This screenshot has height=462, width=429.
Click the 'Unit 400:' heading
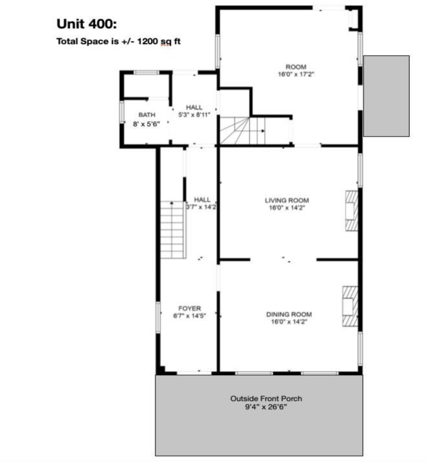coord(87,24)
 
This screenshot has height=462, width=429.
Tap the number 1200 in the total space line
coord(148,41)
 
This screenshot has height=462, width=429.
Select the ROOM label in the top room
coord(296,67)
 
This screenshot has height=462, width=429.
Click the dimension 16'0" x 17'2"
coord(296,74)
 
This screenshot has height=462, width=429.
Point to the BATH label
coord(147,115)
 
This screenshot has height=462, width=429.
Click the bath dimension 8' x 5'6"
coord(147,124)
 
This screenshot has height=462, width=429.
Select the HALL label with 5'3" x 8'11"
coord(194,107)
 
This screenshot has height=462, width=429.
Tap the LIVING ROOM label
coord(287,200)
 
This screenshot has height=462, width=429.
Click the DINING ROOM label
coord(289,314)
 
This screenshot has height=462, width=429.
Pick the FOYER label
coord(189,309)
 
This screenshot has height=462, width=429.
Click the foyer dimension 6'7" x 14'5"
coord(189,316)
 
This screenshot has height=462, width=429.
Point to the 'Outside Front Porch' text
coord(266,399)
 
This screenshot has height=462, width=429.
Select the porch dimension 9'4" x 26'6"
coord(266,407)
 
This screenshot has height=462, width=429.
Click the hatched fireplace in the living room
coord(351,211)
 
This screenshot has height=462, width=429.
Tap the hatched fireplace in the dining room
coord(350,306)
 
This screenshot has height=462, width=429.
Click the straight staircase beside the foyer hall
coord(173,230)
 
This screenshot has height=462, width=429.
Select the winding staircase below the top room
coord(242,130)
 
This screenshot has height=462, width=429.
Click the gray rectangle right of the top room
coord(386,96)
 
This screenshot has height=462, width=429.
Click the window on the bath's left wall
coord(122,112)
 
